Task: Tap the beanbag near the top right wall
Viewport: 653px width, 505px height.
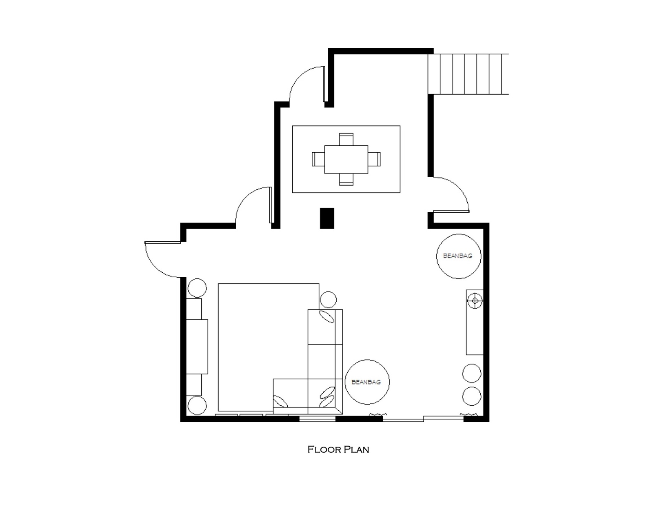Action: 458,256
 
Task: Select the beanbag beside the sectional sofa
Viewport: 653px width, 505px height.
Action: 367,382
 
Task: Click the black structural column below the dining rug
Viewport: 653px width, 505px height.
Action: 327,218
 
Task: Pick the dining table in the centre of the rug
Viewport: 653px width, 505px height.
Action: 346,159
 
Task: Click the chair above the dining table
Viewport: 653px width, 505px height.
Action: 346,139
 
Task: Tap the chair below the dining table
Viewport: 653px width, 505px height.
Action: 346,180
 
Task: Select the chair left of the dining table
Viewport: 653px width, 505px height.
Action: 318,159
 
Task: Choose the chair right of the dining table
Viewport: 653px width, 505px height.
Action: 374,159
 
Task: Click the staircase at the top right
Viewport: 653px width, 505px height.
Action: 468,74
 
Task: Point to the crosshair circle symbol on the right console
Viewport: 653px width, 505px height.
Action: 475,300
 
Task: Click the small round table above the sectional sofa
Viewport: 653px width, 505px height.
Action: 328,300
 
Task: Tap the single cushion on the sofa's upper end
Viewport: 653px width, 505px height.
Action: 326,316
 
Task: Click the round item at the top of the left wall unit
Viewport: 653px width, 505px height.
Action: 197,288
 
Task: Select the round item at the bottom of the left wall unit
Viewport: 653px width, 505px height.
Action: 197,405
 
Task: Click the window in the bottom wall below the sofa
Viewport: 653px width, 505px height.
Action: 318,419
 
